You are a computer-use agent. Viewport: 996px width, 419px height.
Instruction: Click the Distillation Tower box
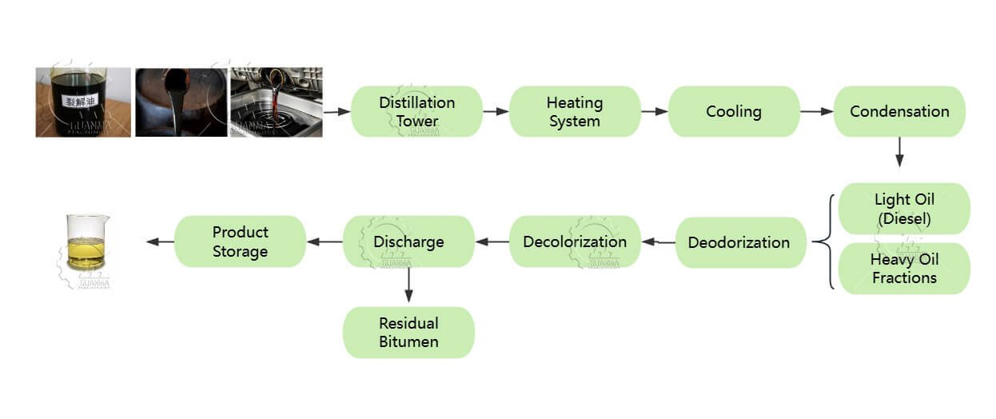(x=416, y=111)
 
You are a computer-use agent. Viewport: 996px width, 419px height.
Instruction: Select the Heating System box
(x=574, y=111)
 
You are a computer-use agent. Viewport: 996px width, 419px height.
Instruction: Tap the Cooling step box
(x=733, y=111)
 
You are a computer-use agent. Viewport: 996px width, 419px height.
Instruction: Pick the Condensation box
(x=899, y=111)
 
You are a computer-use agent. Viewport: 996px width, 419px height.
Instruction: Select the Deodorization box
(x=739, y=242)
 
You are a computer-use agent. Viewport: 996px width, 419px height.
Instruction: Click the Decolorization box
(x=574, y=241)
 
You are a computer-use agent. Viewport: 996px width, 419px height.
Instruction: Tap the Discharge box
(x=408, y=241)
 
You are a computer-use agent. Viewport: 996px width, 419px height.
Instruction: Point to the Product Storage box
(x=240, y=241)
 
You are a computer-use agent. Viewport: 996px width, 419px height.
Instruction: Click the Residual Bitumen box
(x=408, y=332)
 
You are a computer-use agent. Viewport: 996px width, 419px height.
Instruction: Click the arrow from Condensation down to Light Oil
(x=899, y=152)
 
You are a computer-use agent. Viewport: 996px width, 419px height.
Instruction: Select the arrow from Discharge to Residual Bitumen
(x=408, y=285)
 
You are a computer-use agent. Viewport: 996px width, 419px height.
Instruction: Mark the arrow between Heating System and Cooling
(x=654, y=111)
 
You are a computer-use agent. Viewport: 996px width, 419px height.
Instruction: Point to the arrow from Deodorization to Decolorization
(x=658, y=241)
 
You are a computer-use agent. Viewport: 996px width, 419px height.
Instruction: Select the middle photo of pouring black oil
(x=180, y=102)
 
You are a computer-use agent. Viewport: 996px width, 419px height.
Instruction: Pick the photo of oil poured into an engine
(x=277, y=102)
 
